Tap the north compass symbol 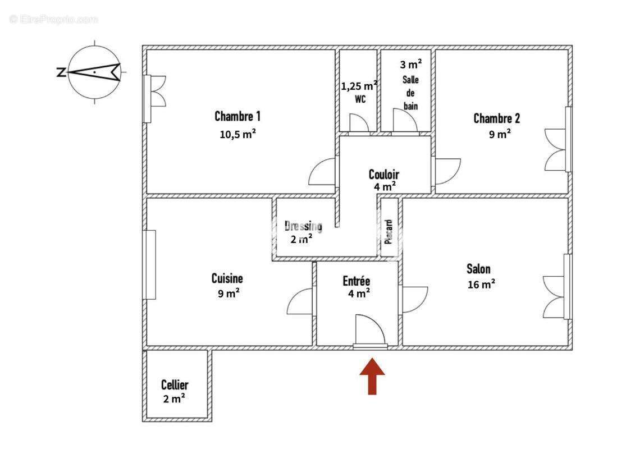tap(94, 72)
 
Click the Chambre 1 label tap(237, 117)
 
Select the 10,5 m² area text tap(237, 134)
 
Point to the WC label tap(360, 99)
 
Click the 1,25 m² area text tap(359, 86)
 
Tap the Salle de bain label tap(410, 93)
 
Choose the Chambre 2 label tap(496, 118)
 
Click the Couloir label tap(384, 174)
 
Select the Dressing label tap(303, 226)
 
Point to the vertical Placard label tap(389, 231)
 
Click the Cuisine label tap(227, 278)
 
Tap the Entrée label tap(357, 281)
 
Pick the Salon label tap(478, 269)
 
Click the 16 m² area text tap(481, 285)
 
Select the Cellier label tap(175, 385)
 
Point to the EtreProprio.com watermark tap(54, 19)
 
